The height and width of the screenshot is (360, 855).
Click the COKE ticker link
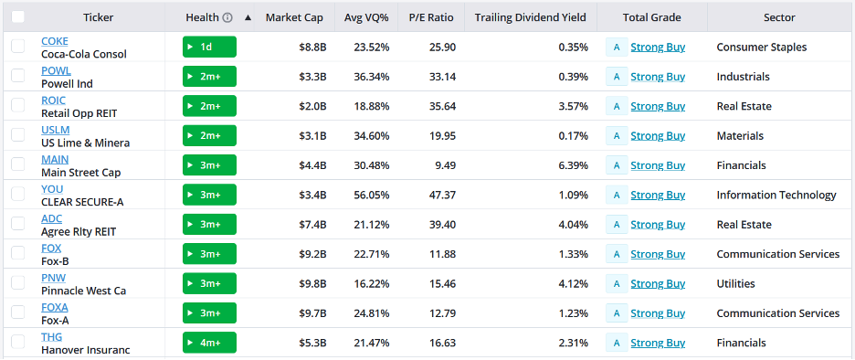coord(55,41)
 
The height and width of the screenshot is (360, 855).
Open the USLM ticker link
coord(55,130)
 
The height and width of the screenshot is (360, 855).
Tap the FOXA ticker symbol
coord(55,308)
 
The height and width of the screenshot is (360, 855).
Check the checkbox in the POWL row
coord(18,76)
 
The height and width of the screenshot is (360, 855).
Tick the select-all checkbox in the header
coord(18,17)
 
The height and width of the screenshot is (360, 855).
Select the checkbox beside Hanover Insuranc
coord(18,342)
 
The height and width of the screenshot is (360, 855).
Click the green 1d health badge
coord(209,47)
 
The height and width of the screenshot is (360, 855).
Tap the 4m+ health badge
coord(209,343)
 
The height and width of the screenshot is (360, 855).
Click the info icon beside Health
coord(227,17)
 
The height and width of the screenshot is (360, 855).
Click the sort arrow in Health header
coord(248,17)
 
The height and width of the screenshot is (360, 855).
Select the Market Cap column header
coord(294,17)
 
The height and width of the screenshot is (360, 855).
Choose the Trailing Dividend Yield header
coord(531,17)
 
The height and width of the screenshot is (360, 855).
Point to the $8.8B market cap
coord(312,47)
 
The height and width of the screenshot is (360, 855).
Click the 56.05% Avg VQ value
coord(372,195)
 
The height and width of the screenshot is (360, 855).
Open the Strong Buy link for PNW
coord(658,283)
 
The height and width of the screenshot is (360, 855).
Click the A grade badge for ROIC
coord(617,106)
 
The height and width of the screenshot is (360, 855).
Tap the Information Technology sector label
coord(776,195)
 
